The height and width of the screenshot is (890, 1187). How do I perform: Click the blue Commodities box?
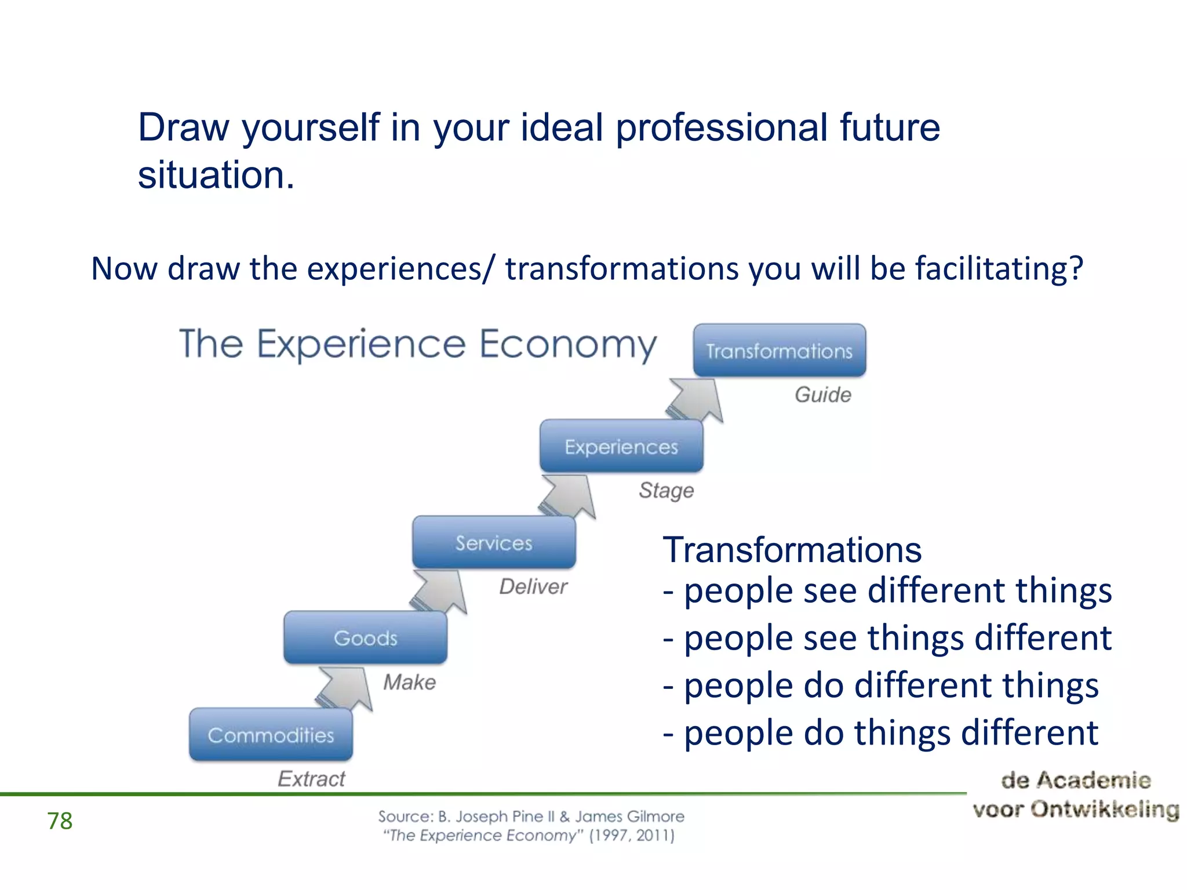tap(271, 735)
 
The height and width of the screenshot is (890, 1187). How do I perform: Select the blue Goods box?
tap(365, 638)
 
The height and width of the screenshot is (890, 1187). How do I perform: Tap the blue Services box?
tap(494, 542)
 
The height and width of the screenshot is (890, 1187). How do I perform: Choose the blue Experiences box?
tap(621, 446)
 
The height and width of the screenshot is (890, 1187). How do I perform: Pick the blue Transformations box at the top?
tap(780, 351)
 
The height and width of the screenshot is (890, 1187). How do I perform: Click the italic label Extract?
tap(311, 779)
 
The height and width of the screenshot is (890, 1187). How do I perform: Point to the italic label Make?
tap(409, 682)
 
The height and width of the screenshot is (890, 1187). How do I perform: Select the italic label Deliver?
tap(533, 586)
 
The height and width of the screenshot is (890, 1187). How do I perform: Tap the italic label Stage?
tap(667, 490)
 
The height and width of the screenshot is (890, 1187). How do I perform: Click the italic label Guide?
tap(823, 395)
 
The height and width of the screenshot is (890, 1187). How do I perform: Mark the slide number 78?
tap(60, 820)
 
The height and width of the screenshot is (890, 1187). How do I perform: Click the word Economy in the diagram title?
tap(568, 344)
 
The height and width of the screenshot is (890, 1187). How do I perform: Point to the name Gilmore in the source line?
tap(656, 816)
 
